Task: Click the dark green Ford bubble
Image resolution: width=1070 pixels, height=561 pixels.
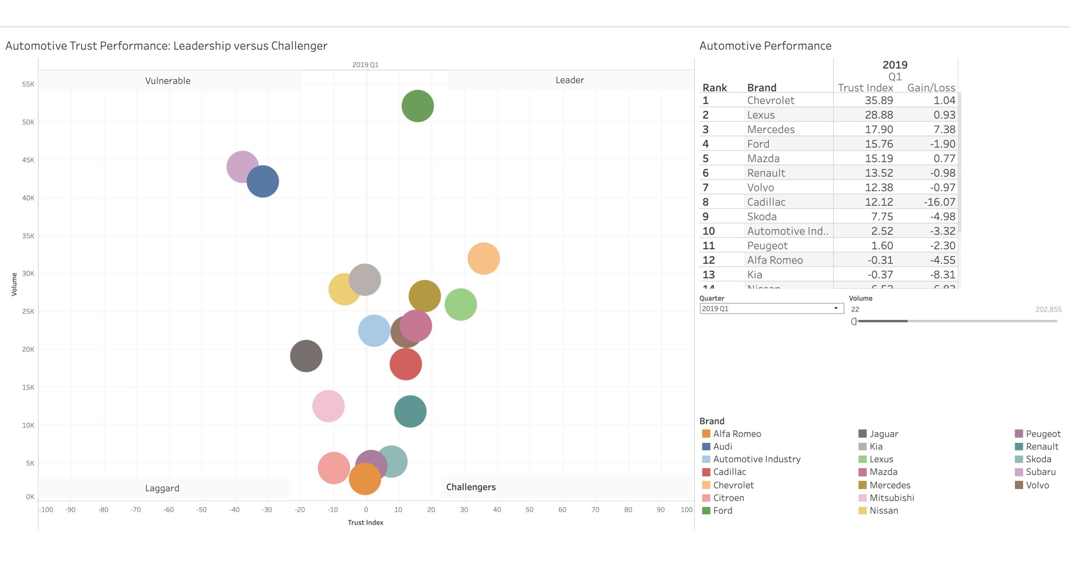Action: pyautogui.click(x=418, y=106)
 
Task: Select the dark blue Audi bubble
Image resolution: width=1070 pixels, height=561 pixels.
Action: pyautogui.click(x=263, y=182)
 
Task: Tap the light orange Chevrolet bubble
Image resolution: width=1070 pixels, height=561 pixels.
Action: pyautogui.click(x=483, y=258)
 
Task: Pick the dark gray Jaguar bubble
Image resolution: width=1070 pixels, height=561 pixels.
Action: pyautogui.click(x=306, y=356)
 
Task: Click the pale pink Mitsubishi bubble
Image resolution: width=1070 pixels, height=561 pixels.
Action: pyautogui.click(x=328, y=406)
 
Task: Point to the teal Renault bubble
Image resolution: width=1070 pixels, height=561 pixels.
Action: pyautogui.click(x=410, y=411)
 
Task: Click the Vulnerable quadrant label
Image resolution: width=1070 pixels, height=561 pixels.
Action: pyautogui.click(x=168, y=81)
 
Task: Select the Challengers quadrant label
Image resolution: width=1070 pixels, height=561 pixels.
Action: pyautogui.click(x=471, y=487)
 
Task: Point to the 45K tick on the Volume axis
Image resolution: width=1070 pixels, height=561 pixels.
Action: pyautogui.click(x=28, y=160)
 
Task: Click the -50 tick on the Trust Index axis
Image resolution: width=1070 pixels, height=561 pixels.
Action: pyautogui.click(x=201, y=509)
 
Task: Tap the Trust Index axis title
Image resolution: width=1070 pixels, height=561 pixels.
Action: pyautogui.click(x=365, y=523)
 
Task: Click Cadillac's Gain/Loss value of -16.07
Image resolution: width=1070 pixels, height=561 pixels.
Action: pyautogui.click(x=939, y=202)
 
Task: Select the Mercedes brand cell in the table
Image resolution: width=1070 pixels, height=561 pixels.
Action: pyautogui.click(x=771, y=129)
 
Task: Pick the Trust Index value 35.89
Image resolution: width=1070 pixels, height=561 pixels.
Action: pyautogui.click(x=878, y=100)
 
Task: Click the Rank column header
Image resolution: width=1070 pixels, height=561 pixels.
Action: pyautogui.click(x=714, y=88)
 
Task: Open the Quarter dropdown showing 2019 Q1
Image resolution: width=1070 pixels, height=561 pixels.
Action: pyautogui.click(x=771, y=308)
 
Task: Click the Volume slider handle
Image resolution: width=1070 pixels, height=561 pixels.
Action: pyautogui.click(x=854, y=321)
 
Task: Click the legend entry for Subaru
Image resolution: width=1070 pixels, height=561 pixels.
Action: pyautogui.click(x=1041, y=472)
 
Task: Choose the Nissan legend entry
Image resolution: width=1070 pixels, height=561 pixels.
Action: pyautogui.click(x=884, y=510)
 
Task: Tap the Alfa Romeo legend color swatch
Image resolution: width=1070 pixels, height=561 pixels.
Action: pyautogui.click(x=706, y=433)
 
